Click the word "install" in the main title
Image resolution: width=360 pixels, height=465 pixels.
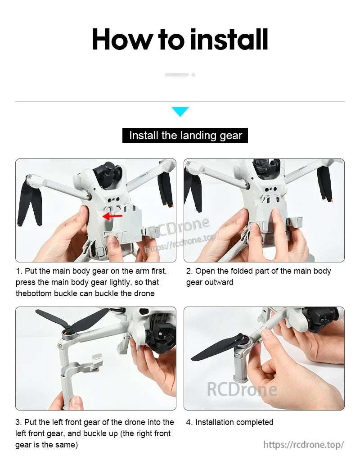[x=229, y=40]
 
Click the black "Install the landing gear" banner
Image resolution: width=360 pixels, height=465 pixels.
[x=185, y=135]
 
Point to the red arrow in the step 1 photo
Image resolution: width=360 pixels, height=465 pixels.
[x=112, y=216]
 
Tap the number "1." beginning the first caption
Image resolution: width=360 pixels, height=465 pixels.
[x=19, y=271]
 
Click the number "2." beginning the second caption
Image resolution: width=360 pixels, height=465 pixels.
[x=189, y=271]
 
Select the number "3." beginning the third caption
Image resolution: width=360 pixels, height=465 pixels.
[x=19, y=422]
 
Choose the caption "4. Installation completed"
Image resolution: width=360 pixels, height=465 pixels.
[x=229, y=422]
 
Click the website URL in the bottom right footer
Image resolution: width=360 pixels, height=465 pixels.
[x=303, y=445]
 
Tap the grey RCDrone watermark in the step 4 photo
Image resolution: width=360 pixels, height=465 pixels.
[x=241, y=389]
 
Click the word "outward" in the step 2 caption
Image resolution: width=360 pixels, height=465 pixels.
[x=220, y=282]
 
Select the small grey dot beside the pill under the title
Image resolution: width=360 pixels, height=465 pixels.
[x=193, y=75]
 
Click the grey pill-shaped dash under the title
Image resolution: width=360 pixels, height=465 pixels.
[x=176, y=75]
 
